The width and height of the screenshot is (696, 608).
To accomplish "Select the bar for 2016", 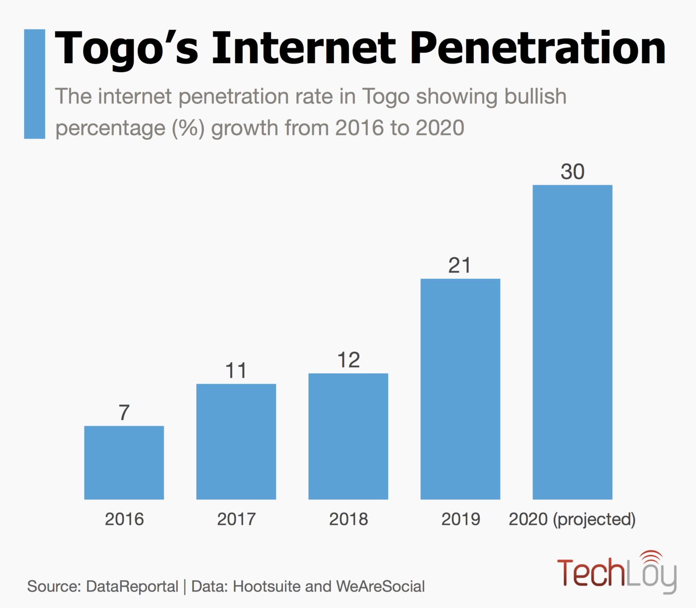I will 124,462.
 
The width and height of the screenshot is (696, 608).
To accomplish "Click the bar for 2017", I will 236,441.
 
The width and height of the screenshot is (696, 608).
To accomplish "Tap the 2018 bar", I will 348,436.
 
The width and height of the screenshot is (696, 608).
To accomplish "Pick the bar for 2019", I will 460,389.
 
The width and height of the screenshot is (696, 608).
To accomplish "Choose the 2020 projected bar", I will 572,342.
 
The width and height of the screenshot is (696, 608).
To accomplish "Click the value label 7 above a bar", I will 124,412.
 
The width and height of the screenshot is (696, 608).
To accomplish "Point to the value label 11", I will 236,371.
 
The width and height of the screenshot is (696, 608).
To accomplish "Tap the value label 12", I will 348,360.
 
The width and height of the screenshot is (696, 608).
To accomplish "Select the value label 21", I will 460,266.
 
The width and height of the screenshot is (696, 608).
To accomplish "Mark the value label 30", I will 572,172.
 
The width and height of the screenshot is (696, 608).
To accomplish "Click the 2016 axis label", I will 124,519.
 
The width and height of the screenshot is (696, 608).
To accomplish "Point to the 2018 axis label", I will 348,519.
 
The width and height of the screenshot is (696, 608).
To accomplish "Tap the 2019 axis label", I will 461,519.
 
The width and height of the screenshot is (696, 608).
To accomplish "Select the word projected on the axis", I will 594,519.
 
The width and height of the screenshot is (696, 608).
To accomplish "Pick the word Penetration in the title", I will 538,49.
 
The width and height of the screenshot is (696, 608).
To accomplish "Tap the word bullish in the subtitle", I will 535,97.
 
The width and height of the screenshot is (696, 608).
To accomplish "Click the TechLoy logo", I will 616,572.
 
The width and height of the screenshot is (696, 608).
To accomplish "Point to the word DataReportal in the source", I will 132,587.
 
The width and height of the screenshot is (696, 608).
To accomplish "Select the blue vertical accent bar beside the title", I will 34,84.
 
